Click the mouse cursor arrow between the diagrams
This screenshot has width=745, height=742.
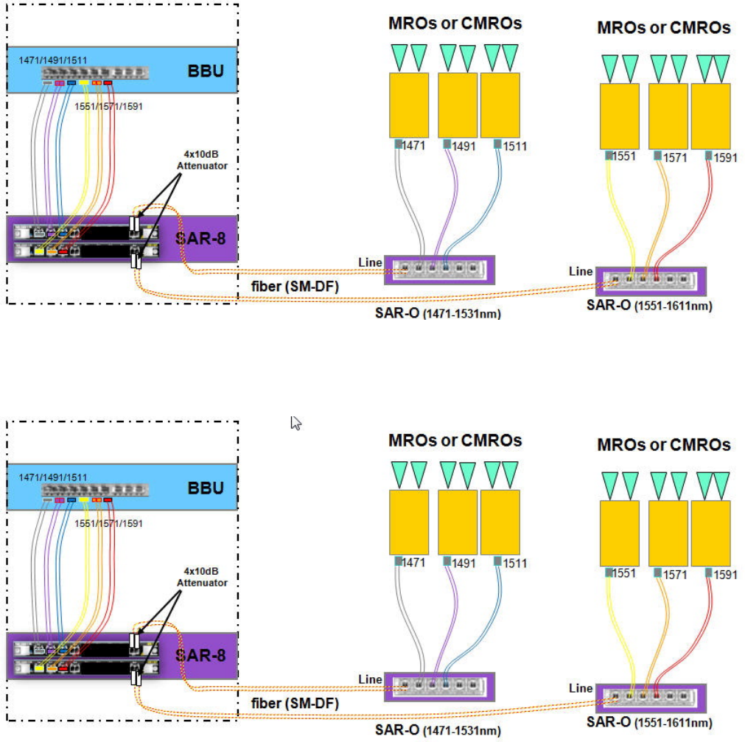click(x=296, y=423)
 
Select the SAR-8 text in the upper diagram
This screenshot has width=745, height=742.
click(x=200, y=238)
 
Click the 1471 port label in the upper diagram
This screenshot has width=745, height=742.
click(x=413, y=146)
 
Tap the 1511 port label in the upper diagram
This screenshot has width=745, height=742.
click(x=514, y=146)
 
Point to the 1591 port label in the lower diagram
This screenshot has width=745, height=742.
click(x=726, y=574)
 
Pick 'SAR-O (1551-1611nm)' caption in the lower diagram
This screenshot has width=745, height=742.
click(x=649, y=724)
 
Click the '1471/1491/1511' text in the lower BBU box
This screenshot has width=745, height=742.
click(x=53, y=477)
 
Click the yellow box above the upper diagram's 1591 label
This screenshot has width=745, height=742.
click(x=710, y=116)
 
